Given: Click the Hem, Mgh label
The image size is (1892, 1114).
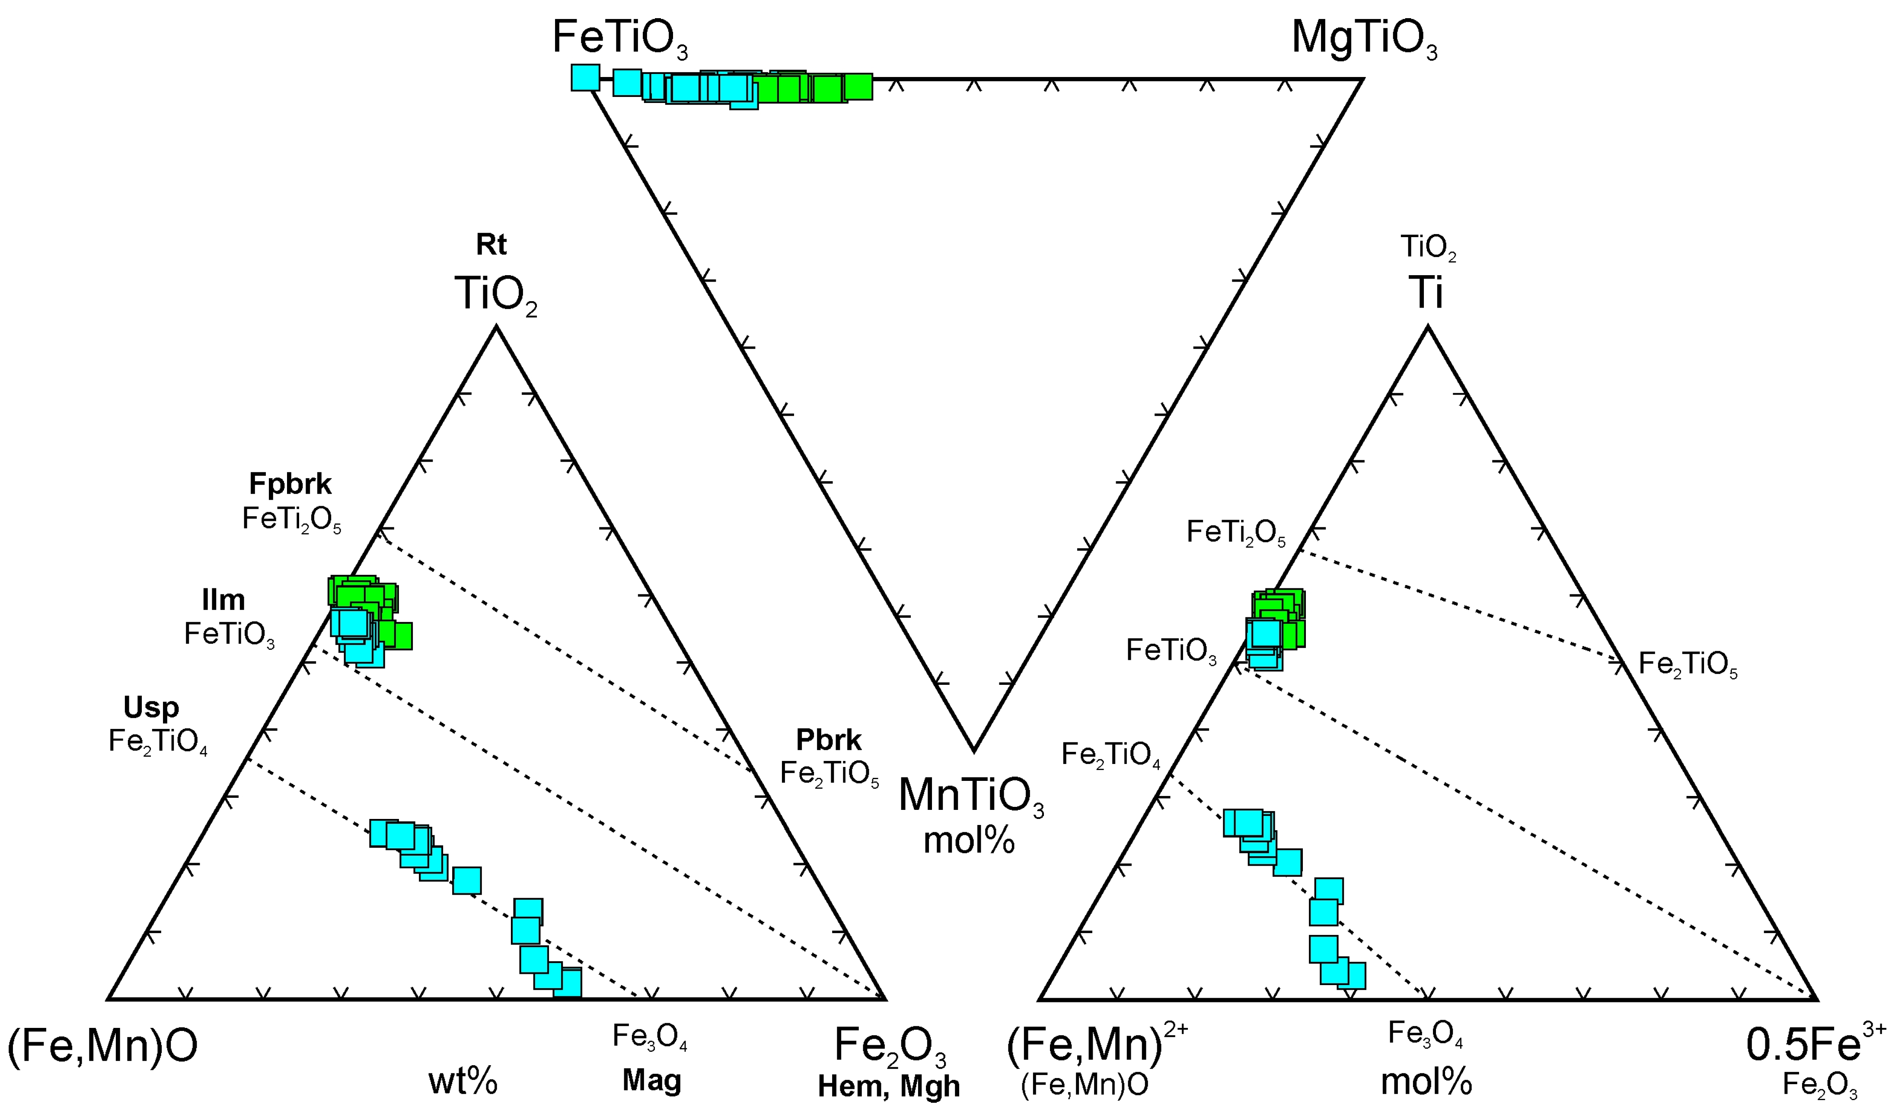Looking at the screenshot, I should (x=889, y=1086).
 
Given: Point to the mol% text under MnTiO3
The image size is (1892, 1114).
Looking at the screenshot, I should (x=969, y=841).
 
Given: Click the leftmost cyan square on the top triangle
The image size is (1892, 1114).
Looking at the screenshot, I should (x=586, y=77).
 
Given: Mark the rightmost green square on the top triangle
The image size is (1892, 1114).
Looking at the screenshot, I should (x=858, y=87).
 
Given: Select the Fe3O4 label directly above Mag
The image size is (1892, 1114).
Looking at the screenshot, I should (x=650, y=1037).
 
